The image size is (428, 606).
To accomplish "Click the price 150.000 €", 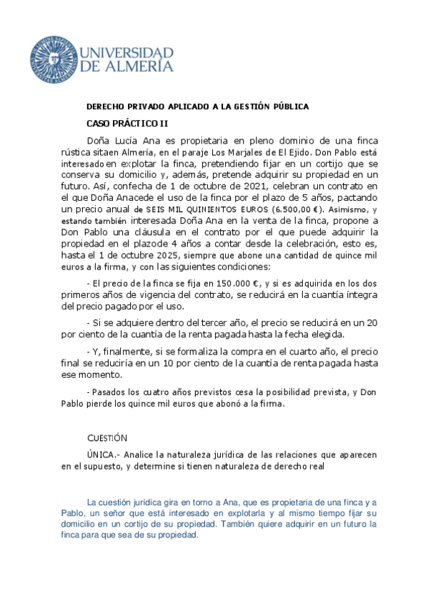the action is (227, 283).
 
